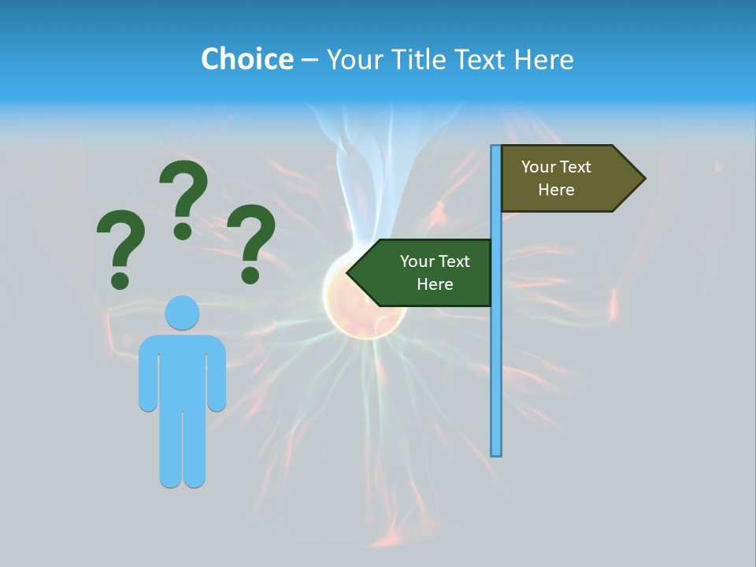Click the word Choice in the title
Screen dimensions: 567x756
[246, 59]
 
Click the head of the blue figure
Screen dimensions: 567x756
[182, 313]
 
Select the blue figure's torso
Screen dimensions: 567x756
[182, 370]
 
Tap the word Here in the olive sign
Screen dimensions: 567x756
[556, 190]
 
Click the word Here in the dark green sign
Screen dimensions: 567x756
[435, 284]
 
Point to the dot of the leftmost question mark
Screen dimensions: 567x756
[120, 280]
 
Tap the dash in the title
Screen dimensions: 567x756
[309, 60]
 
